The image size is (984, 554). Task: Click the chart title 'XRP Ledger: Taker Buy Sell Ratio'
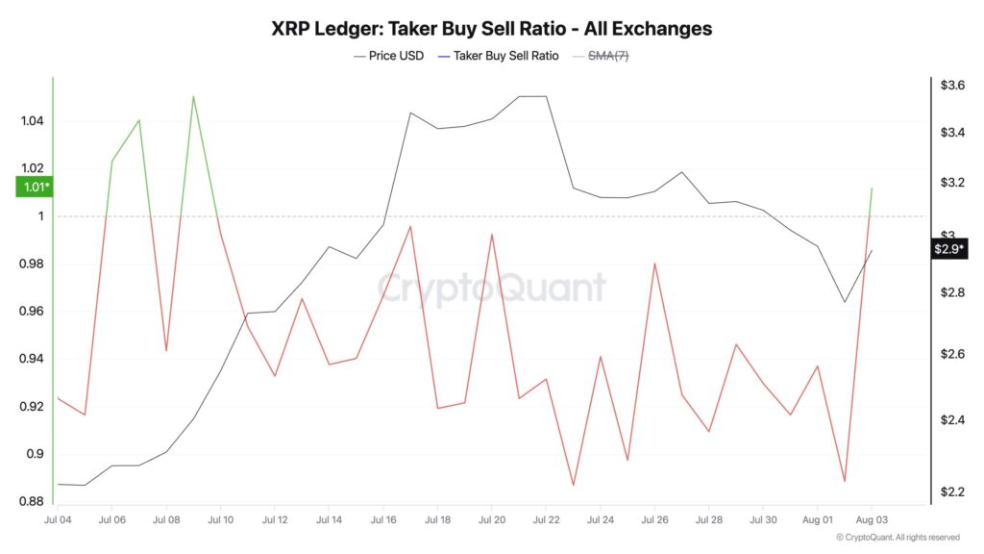point(492,28)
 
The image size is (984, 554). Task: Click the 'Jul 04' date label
point(58,518)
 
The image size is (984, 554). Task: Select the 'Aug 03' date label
point(871,518)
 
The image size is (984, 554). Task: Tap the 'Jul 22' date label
point(546,518)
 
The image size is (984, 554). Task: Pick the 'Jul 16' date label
point(383,518)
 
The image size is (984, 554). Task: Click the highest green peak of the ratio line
point(193,96)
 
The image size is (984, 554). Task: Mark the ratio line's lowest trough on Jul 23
point(573,486)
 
